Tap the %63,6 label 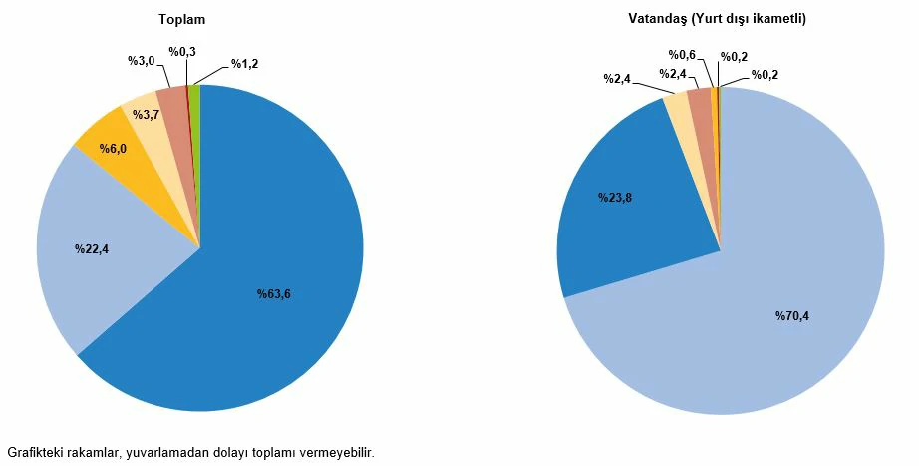point(274,293)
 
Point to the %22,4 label point(91,248)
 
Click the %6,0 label point(112,148)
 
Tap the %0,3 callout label point(181,51)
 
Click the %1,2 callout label point(244,64)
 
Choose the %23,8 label point(615,197)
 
